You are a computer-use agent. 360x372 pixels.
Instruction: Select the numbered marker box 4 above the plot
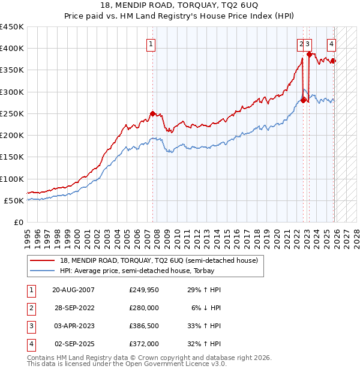(331, 43)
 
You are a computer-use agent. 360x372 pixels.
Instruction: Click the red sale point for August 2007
(152, 113)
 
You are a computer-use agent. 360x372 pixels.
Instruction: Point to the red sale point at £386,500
(310, 54)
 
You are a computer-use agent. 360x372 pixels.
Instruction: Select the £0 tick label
(18, 223)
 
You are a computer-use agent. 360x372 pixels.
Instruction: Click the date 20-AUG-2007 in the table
(74, 290)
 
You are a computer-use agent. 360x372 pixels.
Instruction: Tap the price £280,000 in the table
(144, 308)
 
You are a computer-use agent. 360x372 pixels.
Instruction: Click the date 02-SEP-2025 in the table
(74, 344)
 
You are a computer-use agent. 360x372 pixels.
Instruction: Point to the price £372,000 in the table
(144, 344)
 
